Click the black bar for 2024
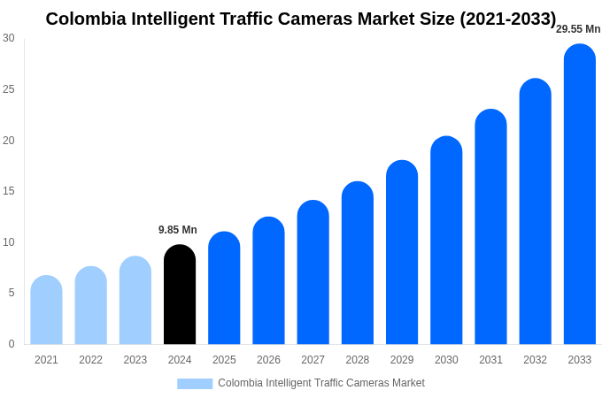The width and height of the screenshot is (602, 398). pos(180,295)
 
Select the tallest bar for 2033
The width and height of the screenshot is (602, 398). pos(579,195)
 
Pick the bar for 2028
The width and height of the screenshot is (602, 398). pos(358,263)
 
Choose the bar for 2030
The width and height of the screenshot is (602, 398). pos(446,241)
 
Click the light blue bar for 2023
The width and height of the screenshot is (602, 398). pos(135,301)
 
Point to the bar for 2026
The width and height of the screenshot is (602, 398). pos(268,280)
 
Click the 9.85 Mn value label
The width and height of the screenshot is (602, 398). pos(178,230)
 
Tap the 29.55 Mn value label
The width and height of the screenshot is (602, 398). pos(578,29)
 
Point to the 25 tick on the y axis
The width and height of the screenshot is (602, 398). pos(9,89)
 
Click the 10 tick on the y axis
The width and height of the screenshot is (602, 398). pos(9,242)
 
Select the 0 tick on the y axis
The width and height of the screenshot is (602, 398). pos(12,344)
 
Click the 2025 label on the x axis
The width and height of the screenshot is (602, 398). pos(224,360)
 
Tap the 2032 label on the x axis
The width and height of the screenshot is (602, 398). pos(535,360)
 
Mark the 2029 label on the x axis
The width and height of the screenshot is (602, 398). pos(402,360)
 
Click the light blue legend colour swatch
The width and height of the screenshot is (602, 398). pos(195,384)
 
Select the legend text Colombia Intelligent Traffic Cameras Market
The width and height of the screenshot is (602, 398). pos(321,383)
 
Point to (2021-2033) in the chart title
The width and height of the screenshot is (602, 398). pos(507,19)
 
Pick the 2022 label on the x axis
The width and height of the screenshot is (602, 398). pos(90,360)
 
